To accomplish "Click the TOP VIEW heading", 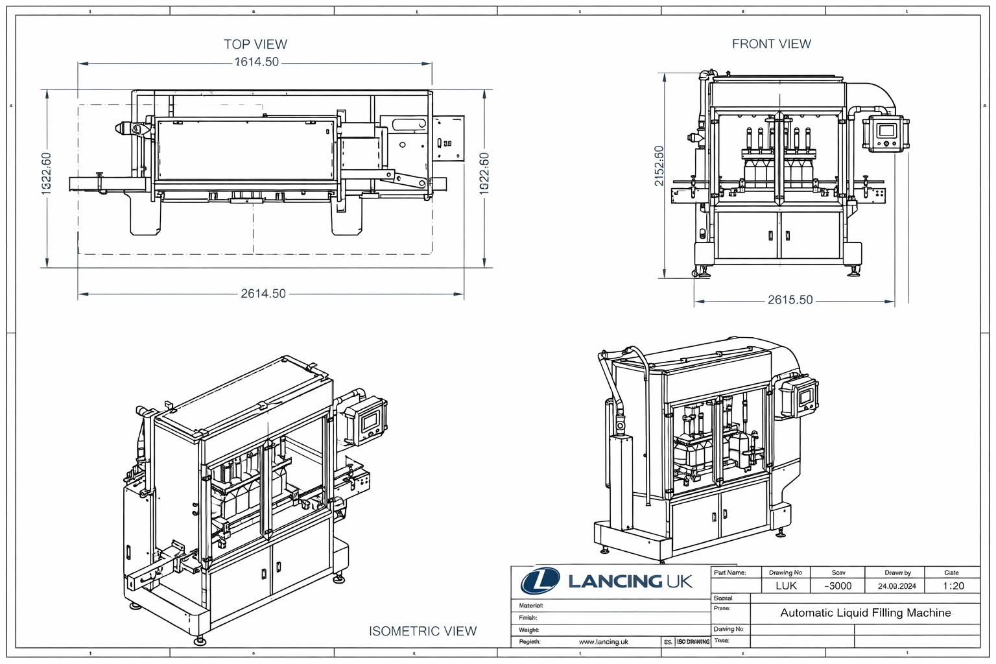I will coord(255,44).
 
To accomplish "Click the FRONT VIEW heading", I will coord(771,43).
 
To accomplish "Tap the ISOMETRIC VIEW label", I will coord(423,631).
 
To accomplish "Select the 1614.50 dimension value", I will coord(256,62).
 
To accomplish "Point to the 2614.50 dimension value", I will coord(263,294).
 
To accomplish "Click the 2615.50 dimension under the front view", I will coord(790,300).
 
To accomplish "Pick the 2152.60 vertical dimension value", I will coord(659,166).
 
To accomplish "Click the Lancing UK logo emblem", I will coord(540,581).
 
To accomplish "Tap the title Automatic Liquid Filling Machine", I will coord(865,613).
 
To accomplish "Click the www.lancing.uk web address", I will coord(603,642).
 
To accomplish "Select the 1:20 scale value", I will coord(953,586).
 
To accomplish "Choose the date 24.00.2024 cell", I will coord(897,586).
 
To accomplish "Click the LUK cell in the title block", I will coord(786,586).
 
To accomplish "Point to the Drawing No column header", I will coord(785,573).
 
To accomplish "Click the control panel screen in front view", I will coord(885,130).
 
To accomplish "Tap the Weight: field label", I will coord(529,630).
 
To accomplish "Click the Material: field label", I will coord(530,606).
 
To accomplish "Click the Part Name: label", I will coord(729,573).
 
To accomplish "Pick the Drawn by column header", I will coord(897,573).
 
